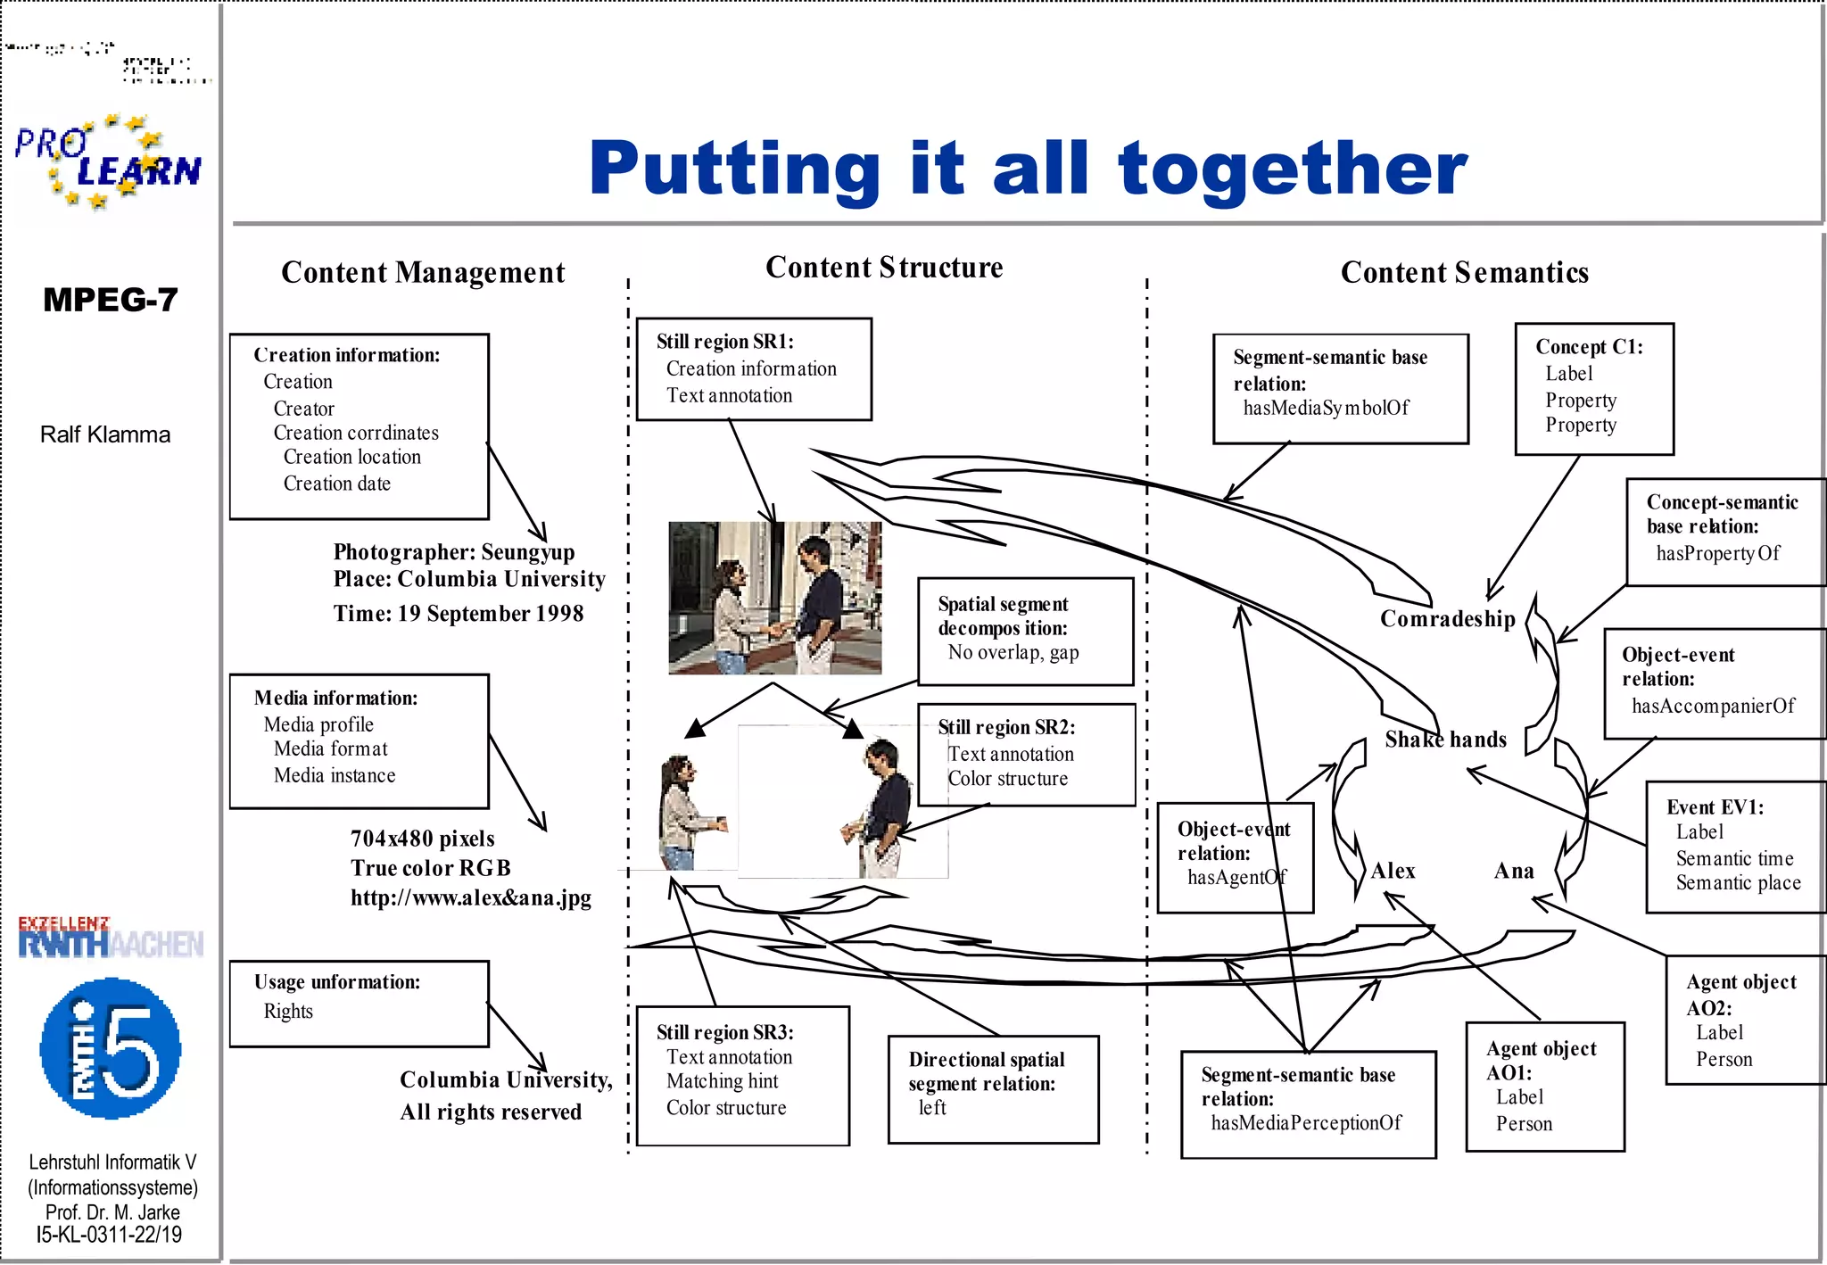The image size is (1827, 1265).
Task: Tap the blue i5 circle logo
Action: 111,1049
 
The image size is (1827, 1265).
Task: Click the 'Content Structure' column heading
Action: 884,268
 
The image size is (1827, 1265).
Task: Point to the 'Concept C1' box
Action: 1593,389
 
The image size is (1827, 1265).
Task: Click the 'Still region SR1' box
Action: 754,368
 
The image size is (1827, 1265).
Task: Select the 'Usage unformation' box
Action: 359,1004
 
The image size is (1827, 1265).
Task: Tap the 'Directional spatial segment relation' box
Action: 993,1088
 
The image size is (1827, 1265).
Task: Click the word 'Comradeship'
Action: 1447,619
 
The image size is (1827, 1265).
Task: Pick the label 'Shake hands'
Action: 1445,740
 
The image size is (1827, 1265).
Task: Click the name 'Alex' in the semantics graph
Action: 1393,871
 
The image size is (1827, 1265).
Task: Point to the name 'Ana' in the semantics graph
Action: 1514,871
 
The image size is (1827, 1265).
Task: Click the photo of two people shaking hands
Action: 774,598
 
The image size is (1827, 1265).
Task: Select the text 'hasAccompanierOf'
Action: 1713,707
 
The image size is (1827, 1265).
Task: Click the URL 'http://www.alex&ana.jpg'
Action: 470,897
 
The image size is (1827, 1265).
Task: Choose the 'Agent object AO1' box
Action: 1544,1086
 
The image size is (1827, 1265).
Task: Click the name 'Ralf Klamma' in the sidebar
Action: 105,434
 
